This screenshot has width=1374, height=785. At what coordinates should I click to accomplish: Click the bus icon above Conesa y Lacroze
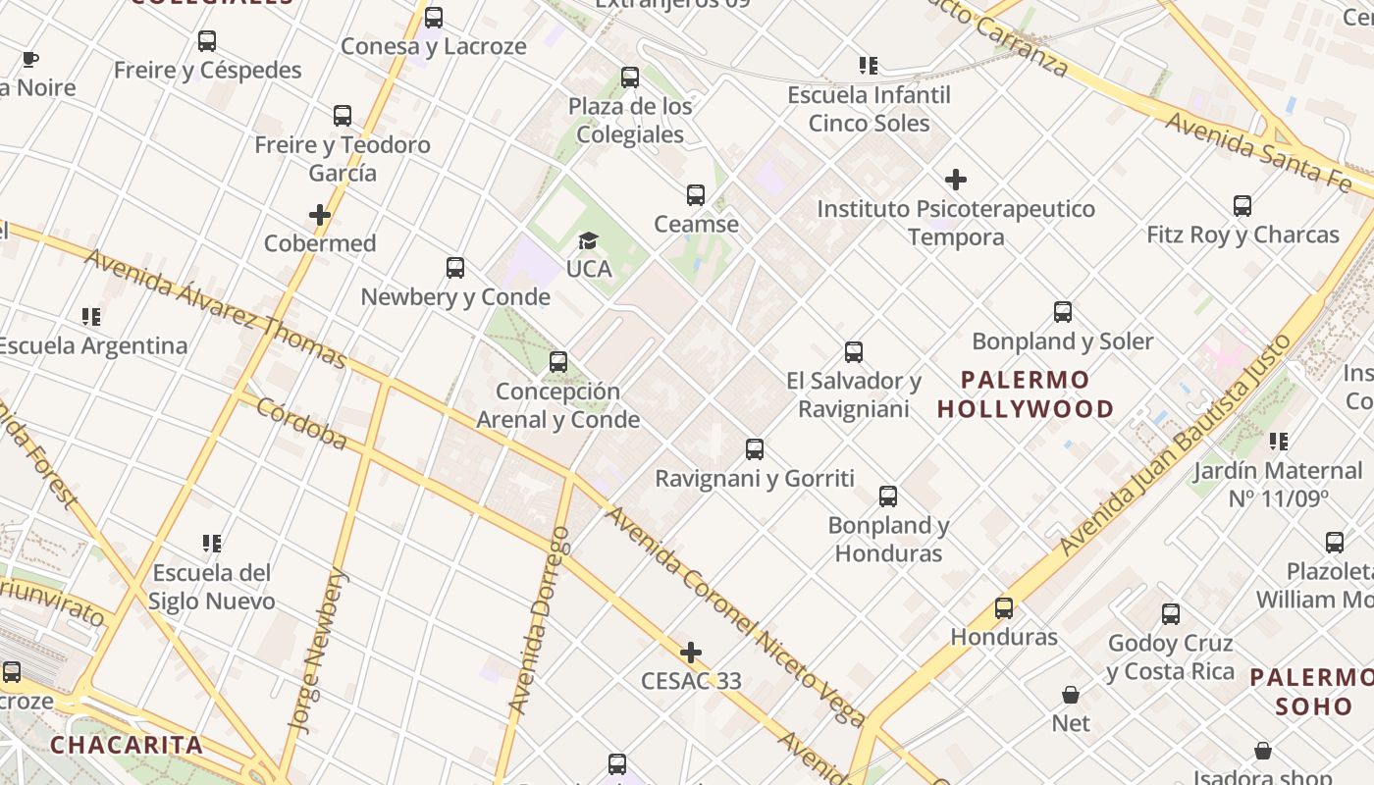[434, 18]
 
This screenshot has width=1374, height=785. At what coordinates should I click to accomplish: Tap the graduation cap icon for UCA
[589, 240]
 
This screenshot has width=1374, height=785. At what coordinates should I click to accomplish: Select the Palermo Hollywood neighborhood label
[1026, 394]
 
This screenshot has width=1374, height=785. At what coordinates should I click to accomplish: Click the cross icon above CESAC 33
[691, 653]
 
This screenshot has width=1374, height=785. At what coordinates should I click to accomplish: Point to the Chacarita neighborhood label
[127, 745]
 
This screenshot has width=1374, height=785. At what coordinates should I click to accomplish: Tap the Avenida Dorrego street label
[540, 620]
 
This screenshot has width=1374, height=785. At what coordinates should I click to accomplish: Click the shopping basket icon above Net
[1071, 695]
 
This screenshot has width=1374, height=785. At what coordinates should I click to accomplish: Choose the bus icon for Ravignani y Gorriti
[755, 449]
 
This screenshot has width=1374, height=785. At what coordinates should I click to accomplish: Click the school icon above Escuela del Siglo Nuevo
[212, 544]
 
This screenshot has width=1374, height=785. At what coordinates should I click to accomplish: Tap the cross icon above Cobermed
[320, 215]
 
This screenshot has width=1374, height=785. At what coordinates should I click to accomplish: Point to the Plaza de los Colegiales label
[630, 121]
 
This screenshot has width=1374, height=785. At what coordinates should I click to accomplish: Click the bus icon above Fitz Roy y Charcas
[1242, 206]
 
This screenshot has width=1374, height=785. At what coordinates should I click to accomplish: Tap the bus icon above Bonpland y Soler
[1063, 312]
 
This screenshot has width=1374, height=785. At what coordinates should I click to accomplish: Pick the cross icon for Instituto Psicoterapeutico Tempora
[956, 180]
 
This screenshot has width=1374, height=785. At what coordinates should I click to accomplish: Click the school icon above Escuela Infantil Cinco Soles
[869, 66]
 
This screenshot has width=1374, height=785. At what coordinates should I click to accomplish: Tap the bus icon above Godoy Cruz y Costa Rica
[1171, 614]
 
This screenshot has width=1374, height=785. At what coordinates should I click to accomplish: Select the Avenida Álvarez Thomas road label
[215, 308]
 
